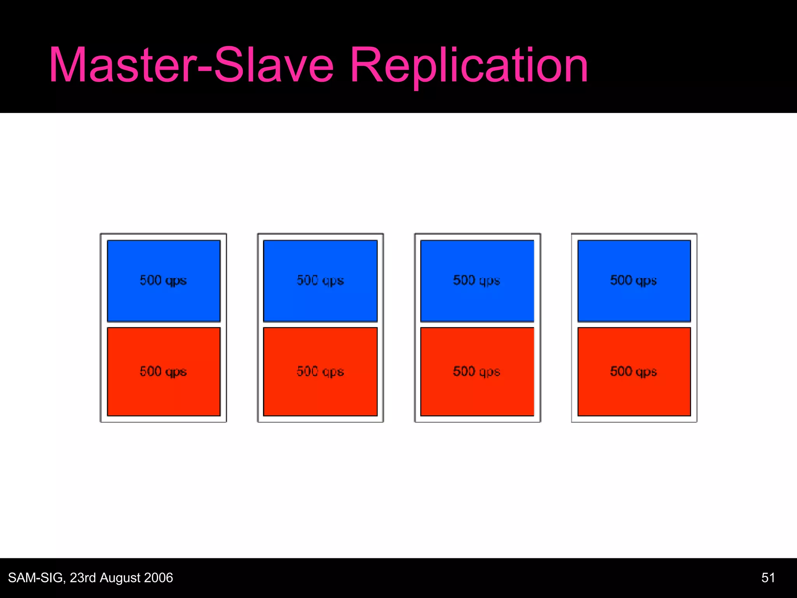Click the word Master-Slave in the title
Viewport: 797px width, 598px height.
(x=191, y=65)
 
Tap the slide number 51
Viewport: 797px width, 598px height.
(x=768, y=578)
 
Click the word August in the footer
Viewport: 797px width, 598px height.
(x=119, y=578)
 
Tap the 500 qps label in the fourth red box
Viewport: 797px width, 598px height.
(x=634, y=372)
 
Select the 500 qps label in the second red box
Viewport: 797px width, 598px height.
(x=320, y=372)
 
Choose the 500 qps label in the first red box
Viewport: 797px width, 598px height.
(x=163, y=372)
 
